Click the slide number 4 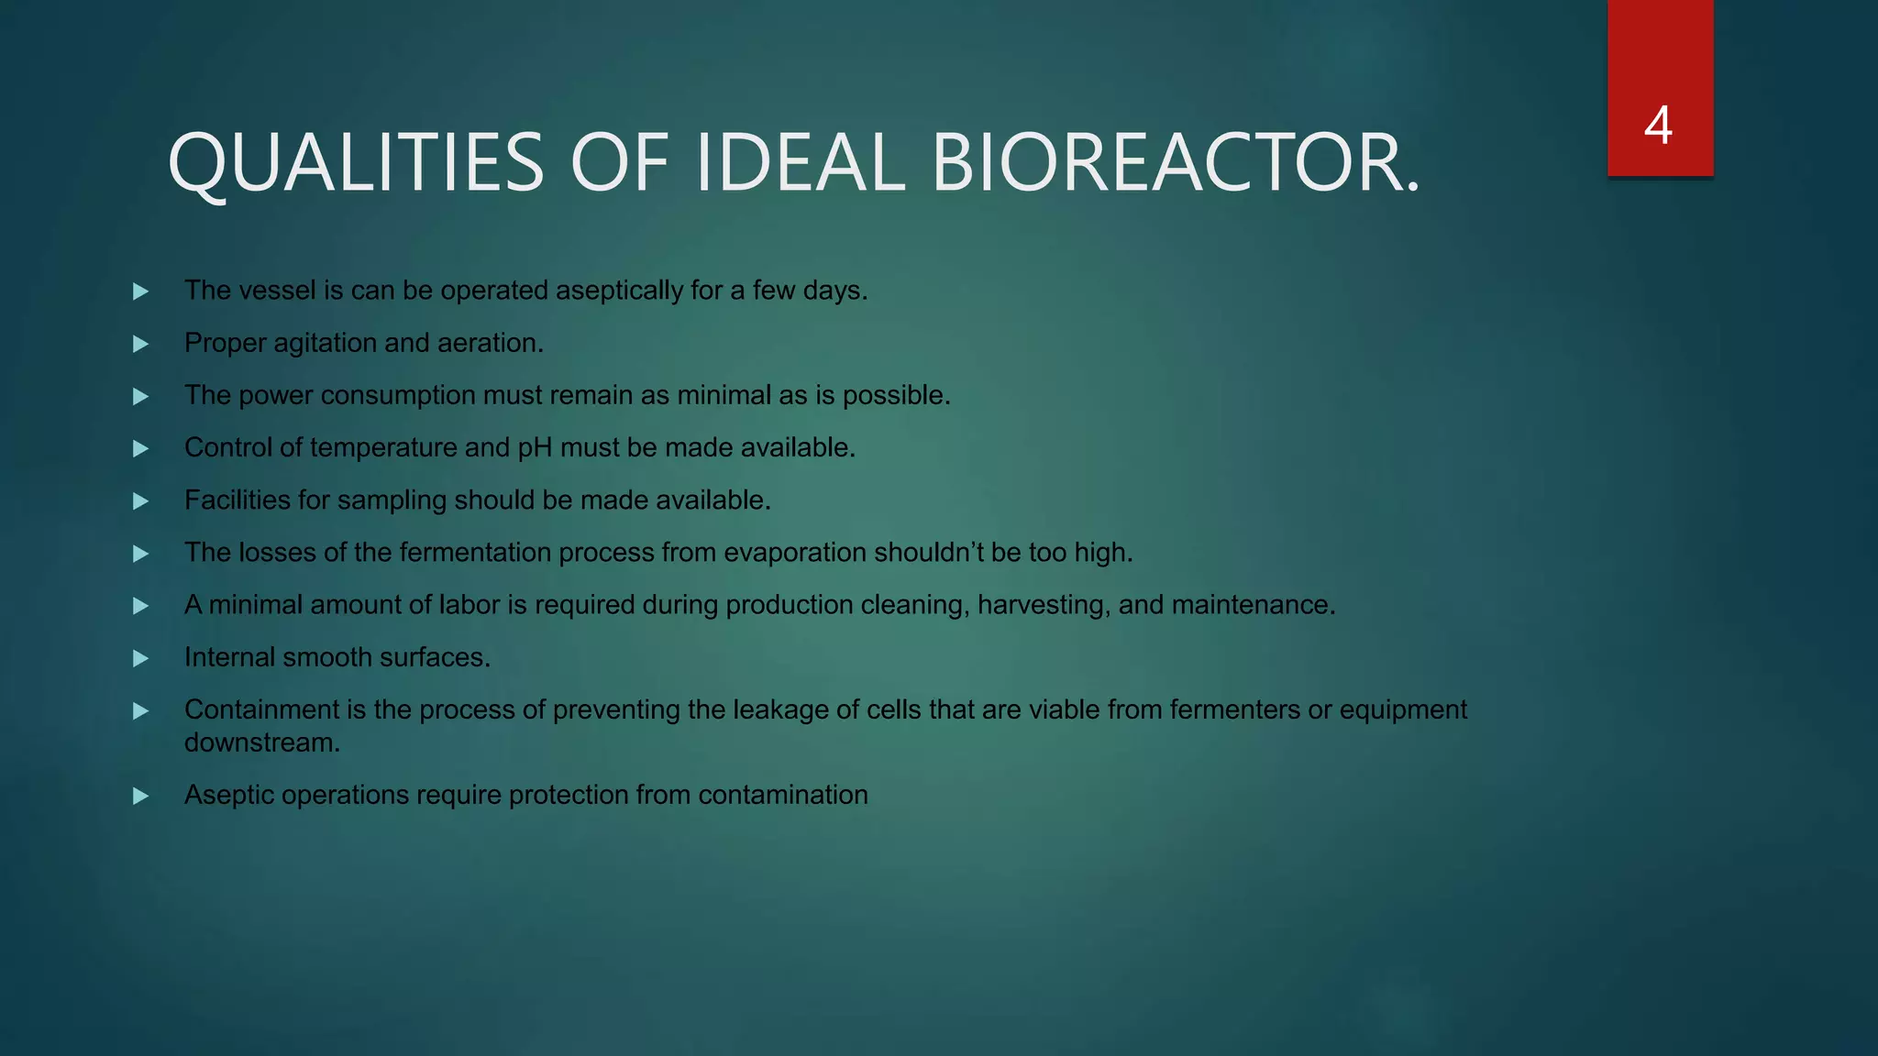pyautogui.click(x=1658, y=126)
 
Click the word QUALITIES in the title pyautogui.click(x=356, y=162)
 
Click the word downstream pyautogui.click(x=261, y=742)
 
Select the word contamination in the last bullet pyautogui.click(x=782, y=795)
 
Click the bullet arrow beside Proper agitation pyautogui.click(x=141, y=344)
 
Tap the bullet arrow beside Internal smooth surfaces pyautogui.click(x=141, y=658)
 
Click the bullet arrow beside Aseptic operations pyautogui.click(x=141, y=796)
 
